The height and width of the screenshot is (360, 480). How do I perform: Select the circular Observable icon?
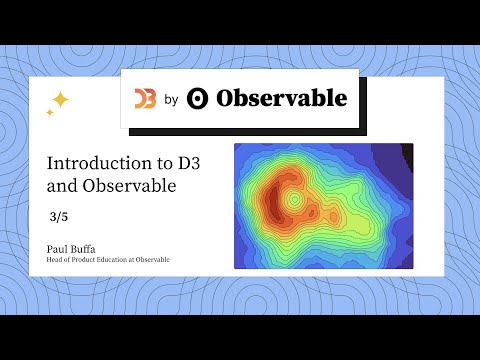pos(198,98)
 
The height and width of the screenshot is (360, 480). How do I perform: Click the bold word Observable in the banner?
pos(282,98)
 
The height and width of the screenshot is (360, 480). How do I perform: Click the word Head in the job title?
pos(55,260)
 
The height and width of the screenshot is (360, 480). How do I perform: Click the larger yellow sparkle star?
pos(60,99)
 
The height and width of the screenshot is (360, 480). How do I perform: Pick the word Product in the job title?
pos(83,260)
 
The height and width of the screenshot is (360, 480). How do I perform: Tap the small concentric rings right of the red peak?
pos(295,200)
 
